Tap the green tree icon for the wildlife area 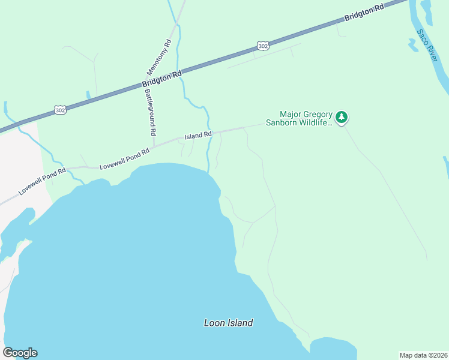(x=342, y=117)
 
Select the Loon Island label (x=228, y=323)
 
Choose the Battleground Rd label (x=150, y=112)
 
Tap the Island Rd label (x=198, y=136)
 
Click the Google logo (x=20, y=353)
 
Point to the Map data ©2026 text (x=423, y=355)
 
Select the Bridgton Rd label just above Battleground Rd (x=162, y=79)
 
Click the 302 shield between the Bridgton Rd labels (x=262, y=46)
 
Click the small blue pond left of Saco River (x=413, y=44)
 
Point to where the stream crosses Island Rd (x=210, y=133)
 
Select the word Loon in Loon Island (x=214, y=323)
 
